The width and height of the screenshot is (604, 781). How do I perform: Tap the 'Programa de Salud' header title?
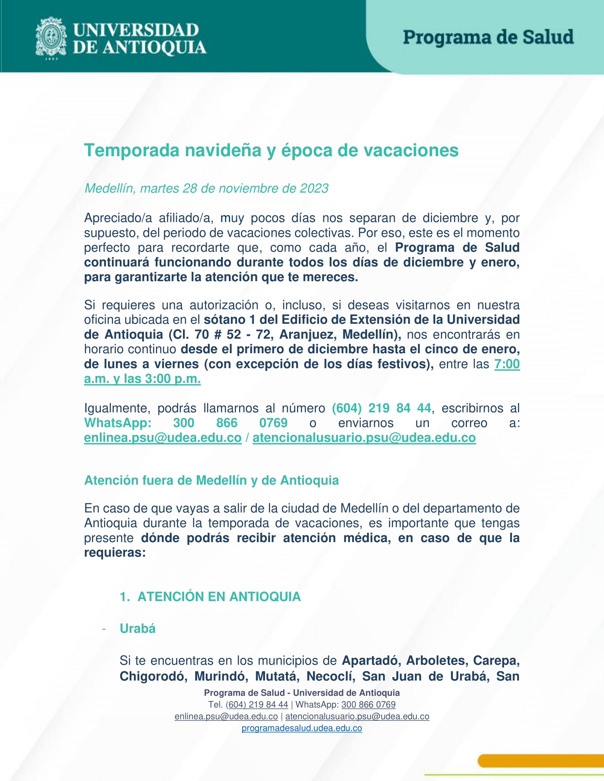click(488, 37)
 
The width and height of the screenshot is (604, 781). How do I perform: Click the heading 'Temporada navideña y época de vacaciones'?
click(271, 150)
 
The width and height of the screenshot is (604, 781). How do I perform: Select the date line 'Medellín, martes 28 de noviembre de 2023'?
click(206, 189)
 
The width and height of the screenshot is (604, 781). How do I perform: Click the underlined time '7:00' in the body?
click(507, 364)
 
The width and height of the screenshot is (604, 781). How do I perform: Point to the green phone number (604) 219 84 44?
click(382, 408)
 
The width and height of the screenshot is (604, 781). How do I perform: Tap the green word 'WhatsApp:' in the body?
click(118, 423)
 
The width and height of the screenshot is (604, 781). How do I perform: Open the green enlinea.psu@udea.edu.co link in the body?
click(163, 438)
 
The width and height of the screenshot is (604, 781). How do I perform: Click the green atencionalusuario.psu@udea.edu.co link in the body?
click(364, 438)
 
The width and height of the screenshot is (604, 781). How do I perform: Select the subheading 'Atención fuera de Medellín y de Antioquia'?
click(211, 480)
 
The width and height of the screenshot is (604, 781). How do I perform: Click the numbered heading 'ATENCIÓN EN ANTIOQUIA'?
click(219, 597)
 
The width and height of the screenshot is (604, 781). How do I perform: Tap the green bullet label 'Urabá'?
click(138, 629)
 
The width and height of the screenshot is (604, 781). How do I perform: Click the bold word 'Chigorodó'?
click(153, 676)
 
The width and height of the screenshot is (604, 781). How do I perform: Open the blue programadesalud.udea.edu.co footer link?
click(302, 728)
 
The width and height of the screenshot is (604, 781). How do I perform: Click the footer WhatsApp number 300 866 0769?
click(368, 704)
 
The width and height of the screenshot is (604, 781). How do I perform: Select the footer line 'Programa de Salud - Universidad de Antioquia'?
click(302, 693)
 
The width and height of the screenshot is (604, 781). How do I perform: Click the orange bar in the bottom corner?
click(540, 761)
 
